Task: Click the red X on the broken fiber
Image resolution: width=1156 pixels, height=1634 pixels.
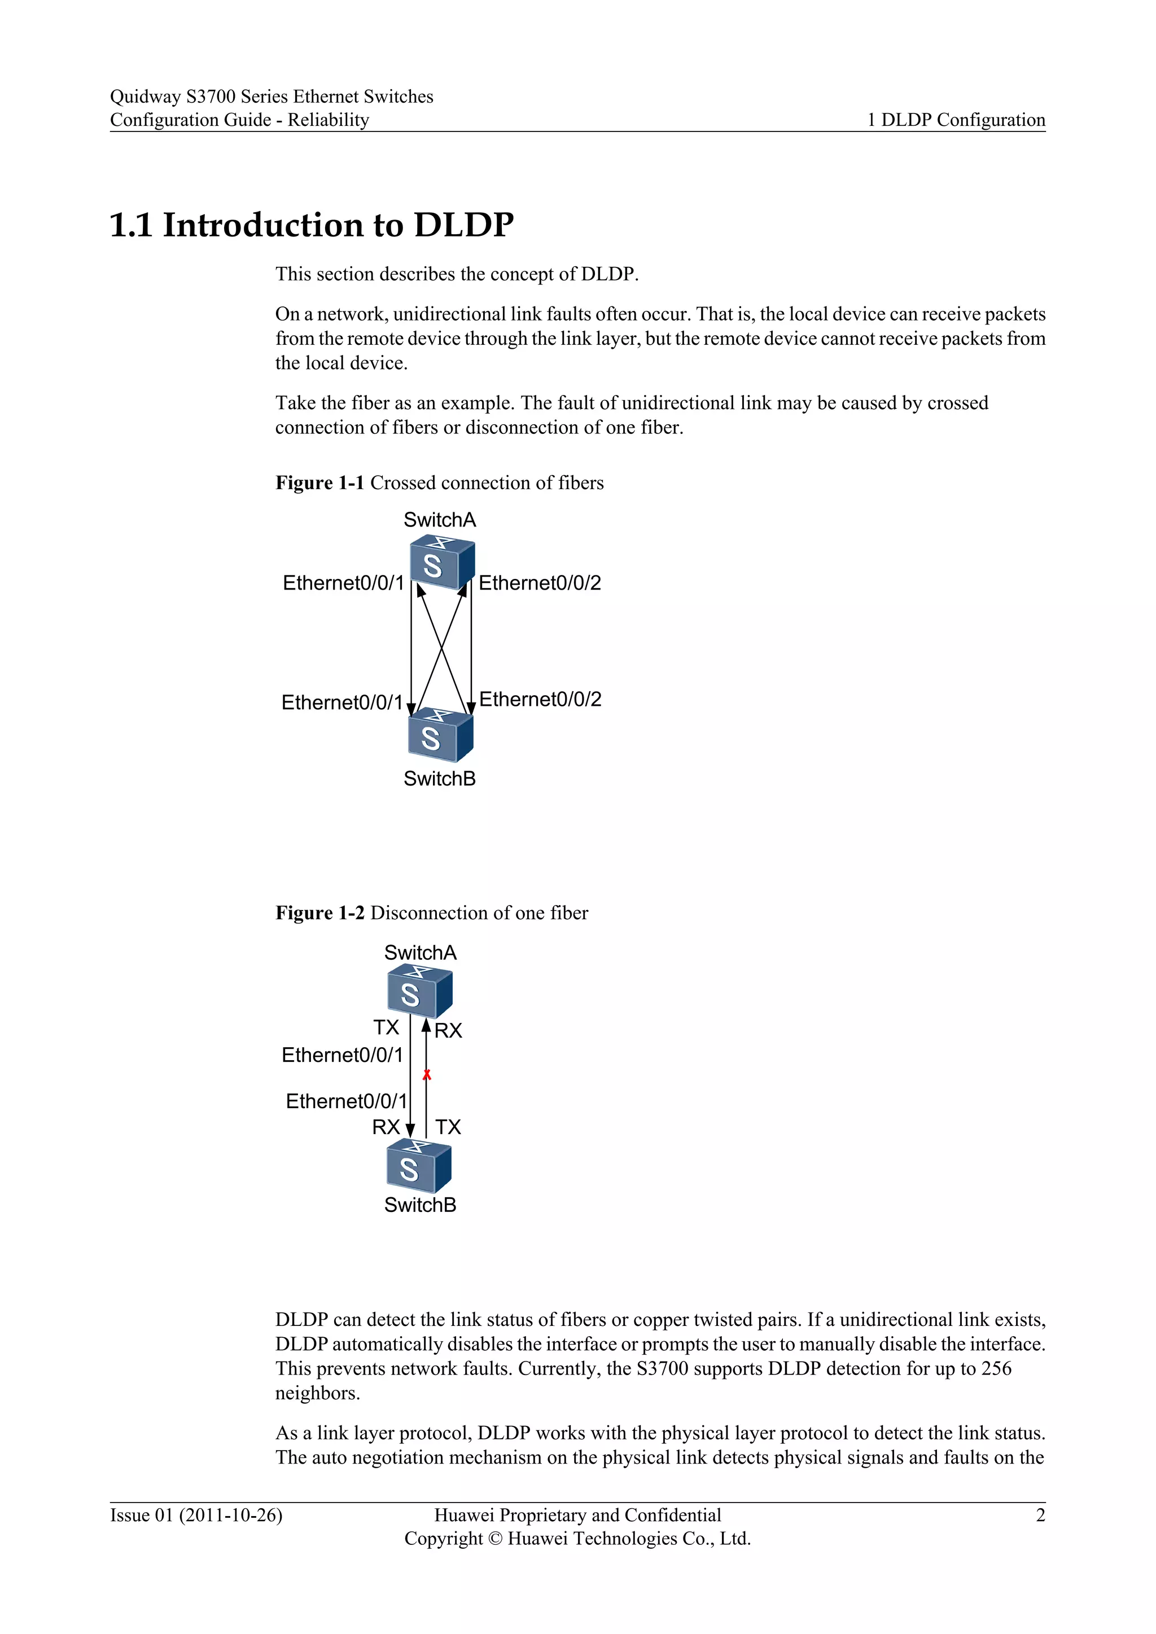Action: (426, 1075)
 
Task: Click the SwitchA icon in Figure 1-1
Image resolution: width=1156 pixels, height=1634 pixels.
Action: (441, 561)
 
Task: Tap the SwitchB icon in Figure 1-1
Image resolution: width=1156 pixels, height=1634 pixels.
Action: (440, 735)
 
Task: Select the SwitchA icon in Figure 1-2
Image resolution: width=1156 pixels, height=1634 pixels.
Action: (419, 991)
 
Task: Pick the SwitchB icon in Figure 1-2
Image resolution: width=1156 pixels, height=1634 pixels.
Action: (419, 1165)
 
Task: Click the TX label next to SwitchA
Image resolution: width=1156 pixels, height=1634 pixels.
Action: (387, 1027)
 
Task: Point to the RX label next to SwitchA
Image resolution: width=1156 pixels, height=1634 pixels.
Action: (448, 1030)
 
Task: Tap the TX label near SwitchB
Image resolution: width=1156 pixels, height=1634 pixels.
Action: (448, 1127)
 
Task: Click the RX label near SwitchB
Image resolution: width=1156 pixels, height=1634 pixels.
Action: (386, 1127)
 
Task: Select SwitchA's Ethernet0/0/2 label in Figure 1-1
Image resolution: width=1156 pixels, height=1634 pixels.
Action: (540, 583)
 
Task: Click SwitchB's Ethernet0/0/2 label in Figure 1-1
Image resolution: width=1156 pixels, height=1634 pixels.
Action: (540, 699)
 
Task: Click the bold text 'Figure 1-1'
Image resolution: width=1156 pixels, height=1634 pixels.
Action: (319, 482)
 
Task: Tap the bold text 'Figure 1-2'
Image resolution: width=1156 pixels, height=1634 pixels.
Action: (319, 912)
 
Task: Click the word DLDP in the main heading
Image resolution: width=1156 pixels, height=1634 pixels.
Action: (463, 225)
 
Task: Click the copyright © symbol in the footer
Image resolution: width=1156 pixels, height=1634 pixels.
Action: (494, 1539)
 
